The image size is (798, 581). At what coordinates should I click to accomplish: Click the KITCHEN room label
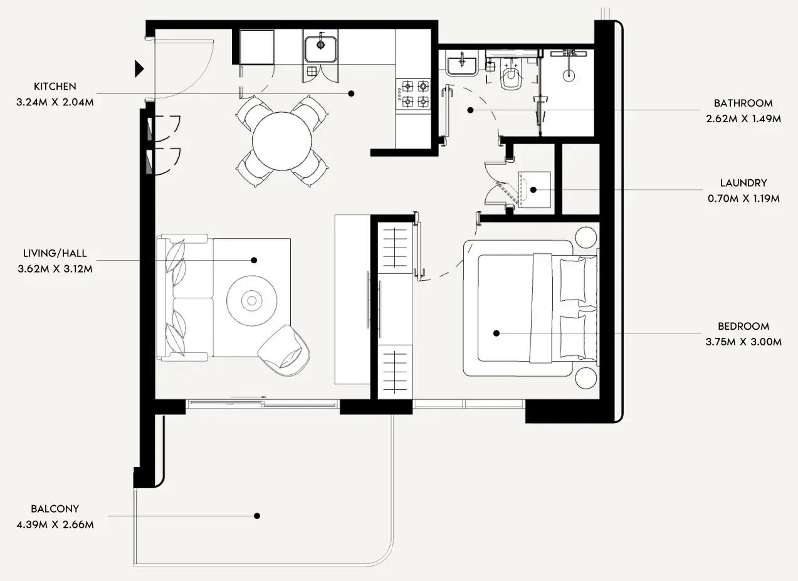pyautogui.click(x=55, y=86)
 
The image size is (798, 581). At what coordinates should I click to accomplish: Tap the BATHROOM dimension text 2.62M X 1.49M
pyautogui.click(x=743, y=118)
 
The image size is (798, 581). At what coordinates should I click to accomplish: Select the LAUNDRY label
pyautogui.click(x=743, y=183)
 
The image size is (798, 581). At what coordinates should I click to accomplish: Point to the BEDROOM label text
pyautogui.click(x=743, y=326)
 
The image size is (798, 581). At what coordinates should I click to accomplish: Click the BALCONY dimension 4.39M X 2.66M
pyautogui.click(x=55, y=525)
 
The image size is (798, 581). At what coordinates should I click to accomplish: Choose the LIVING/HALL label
pyautogui.click(x=55, y=253)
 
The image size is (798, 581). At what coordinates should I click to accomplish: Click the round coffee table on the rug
pyautogui.click(x=252, y=301)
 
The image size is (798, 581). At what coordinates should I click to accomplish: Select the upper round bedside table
pyautogui.click(x=587, y=238)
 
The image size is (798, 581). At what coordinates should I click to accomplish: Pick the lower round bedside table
pyautogui.click(x=587, y=379)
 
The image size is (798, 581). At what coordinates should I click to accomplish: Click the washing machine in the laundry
pyautogui.click(x=533, y=189)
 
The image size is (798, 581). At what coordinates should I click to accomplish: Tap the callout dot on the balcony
pyautogui.click(x=256, y=516)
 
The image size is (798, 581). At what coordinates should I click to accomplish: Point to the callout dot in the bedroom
pyautogui.click(x=496, y=333)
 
